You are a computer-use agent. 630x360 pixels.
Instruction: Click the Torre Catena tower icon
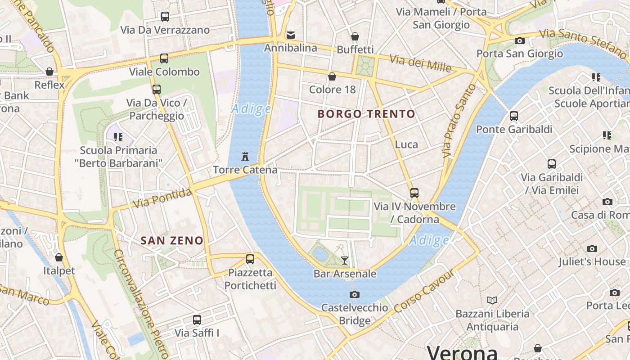[x=245, y=157]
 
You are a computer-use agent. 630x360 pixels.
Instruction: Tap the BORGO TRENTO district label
[x=366, y=114]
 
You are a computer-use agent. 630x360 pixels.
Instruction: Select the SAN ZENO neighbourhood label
[x=172, y=241]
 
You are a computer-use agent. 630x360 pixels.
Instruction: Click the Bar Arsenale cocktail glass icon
[x=345, y=260]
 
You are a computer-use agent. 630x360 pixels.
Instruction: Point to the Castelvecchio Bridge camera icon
[x=355, y=294]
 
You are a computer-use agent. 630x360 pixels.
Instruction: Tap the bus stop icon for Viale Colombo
[x=164, y=58]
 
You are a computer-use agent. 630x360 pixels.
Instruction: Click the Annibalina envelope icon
[x=291, y=35]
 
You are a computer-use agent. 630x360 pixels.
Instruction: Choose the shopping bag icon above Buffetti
[x=355, y=36]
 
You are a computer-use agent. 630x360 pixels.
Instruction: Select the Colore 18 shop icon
[x=332, y=76]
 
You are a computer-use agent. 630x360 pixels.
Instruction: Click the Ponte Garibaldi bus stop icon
[x=514, y=116]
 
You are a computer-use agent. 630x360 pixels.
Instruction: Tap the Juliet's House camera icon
[x=592, y=248]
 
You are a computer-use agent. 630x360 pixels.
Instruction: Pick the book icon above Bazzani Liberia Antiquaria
[x=492, y=300]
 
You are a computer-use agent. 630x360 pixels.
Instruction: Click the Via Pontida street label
[x=163, y=199]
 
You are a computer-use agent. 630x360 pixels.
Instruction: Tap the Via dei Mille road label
[x=420, y=63]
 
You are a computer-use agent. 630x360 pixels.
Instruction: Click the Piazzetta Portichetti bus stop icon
[x=250, y=259]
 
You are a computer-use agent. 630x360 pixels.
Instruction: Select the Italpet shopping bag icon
[x=59, y=257]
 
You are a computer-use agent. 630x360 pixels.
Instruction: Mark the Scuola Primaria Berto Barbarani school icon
[x=118, y=137]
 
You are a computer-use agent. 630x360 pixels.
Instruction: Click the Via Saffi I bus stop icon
[x=197, y=320]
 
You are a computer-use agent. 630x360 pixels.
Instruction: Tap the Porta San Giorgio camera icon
[x=520, y=40]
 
